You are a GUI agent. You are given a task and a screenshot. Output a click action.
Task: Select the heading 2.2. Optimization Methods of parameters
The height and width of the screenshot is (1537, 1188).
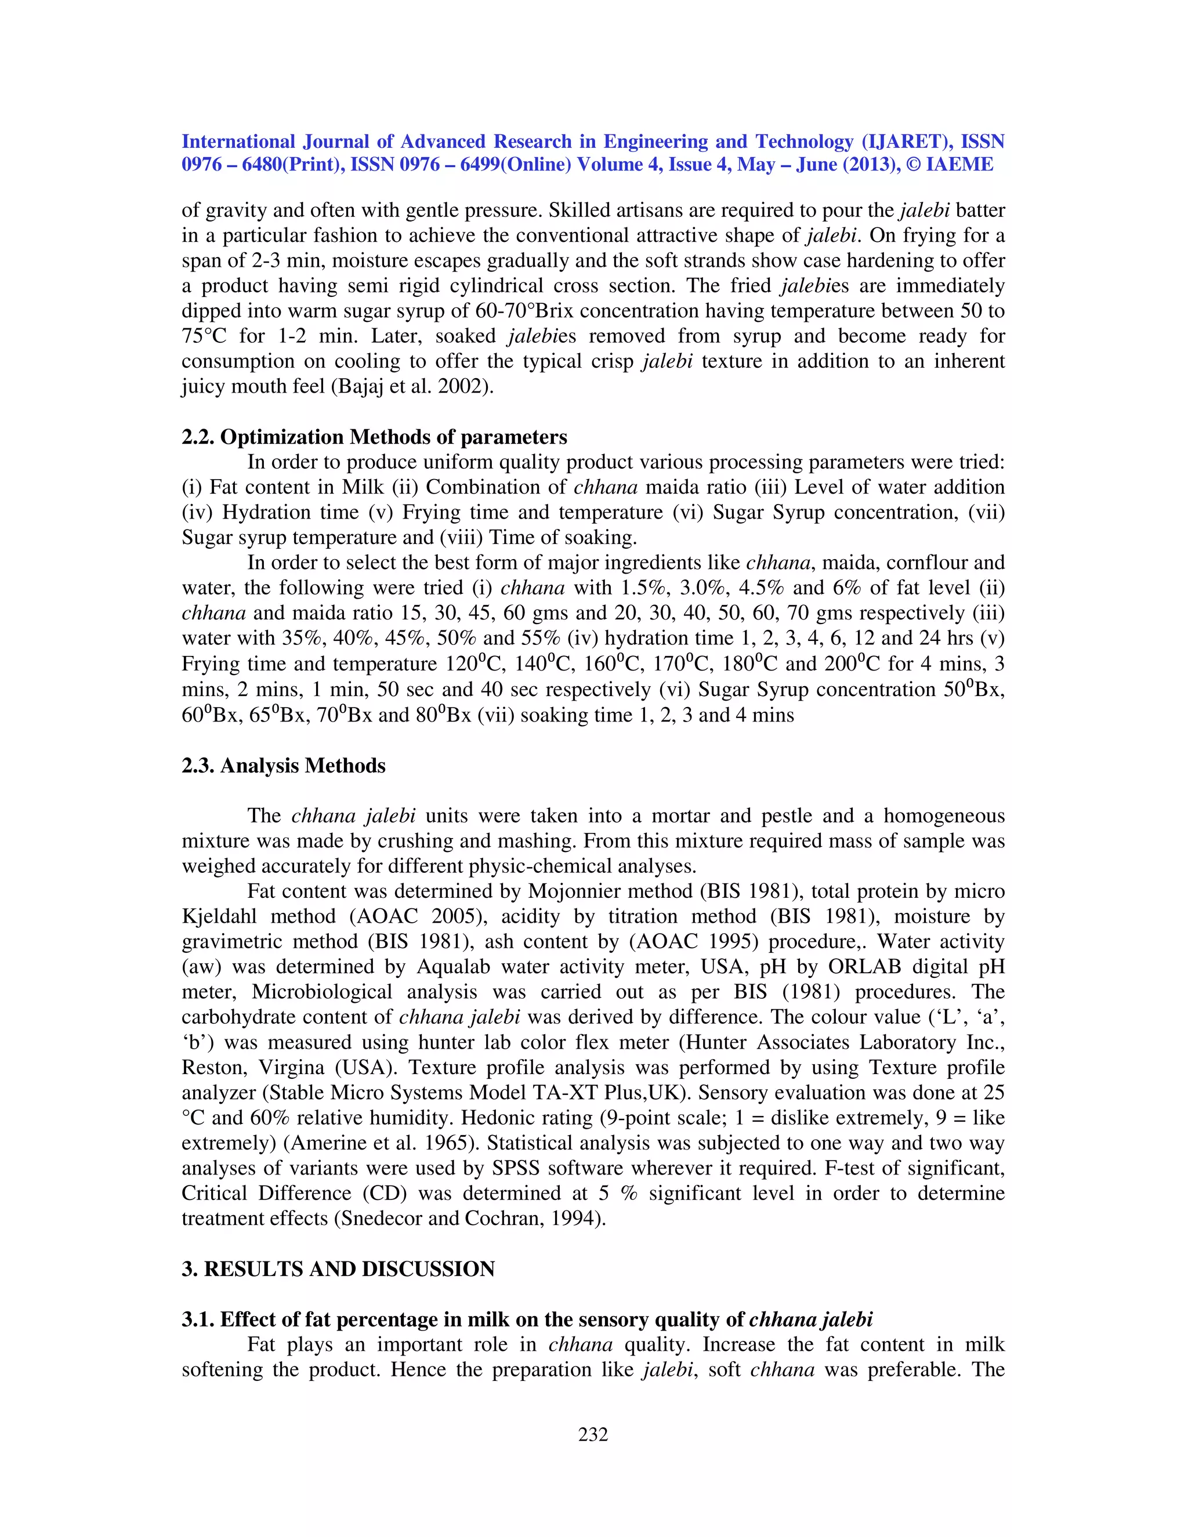(374, 437)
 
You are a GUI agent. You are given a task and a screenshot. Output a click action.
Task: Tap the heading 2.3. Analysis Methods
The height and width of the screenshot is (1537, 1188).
(283, 766)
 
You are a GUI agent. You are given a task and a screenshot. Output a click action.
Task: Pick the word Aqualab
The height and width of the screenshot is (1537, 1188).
(456, 967)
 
